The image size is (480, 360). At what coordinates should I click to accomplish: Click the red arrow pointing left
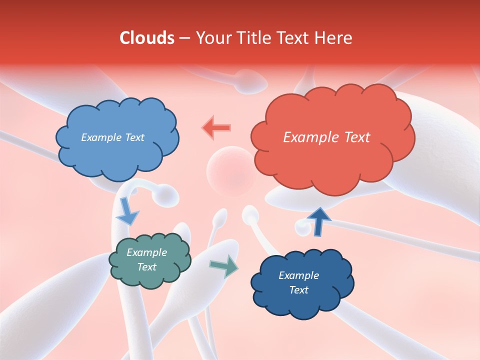coord(217,127)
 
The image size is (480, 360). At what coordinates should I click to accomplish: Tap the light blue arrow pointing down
coord(126,211)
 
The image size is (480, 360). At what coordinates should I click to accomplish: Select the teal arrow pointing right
coord(224,265)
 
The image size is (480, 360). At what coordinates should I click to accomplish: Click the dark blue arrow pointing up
coord(318,221)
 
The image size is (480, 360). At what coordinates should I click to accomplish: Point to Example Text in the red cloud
coord(326,137)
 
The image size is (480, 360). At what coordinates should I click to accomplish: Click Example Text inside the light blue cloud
coord(112,137)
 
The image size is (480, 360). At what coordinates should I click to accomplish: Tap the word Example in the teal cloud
coord(146,252)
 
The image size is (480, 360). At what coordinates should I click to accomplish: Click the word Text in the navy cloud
coord(298,290)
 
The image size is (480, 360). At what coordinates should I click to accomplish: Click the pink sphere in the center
coord(230,170)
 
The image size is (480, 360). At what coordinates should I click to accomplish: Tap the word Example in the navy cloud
coord(298,275)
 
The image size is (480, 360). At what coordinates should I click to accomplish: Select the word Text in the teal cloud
coord(146,267)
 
